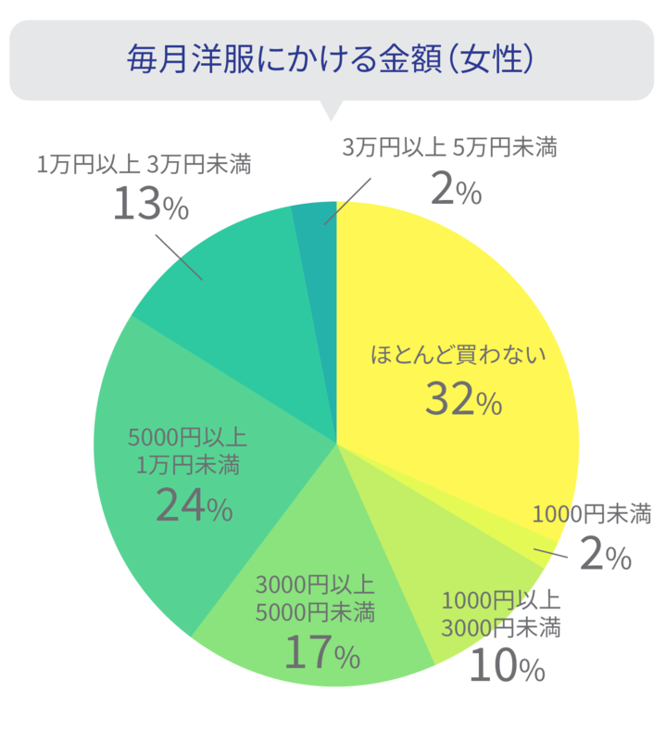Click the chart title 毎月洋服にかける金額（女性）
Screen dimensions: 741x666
[332, 58]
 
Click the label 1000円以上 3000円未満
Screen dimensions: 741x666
[500, 613]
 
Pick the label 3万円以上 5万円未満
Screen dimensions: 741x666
[449, 146]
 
